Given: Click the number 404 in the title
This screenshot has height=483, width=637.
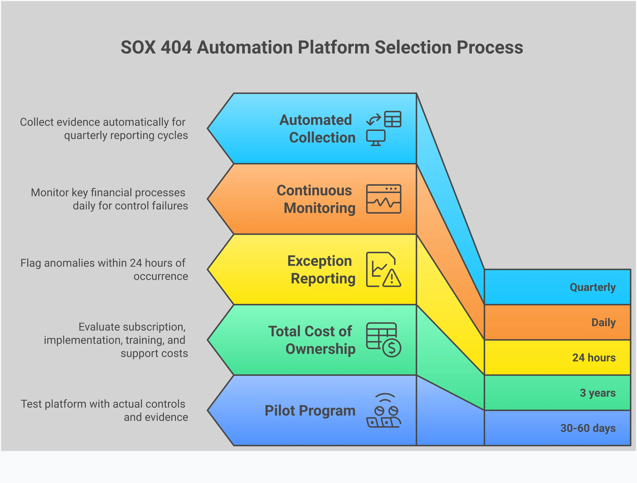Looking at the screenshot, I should click(x=176, y=48).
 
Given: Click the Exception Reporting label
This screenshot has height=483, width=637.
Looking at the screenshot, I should click(x=321, y=270).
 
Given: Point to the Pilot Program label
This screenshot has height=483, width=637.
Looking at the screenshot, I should click(x=310, y=411).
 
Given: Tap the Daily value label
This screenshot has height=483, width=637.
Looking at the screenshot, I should click(x=603, y=322).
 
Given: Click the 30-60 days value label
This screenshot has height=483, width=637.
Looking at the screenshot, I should click(x=588, y=428).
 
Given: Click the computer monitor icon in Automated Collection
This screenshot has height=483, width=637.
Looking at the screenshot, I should click(x=375, y=137).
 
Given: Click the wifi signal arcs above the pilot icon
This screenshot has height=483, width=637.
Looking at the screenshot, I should click(x=385, y=397).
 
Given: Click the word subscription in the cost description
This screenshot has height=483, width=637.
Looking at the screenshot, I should click(x=132, y=327).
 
